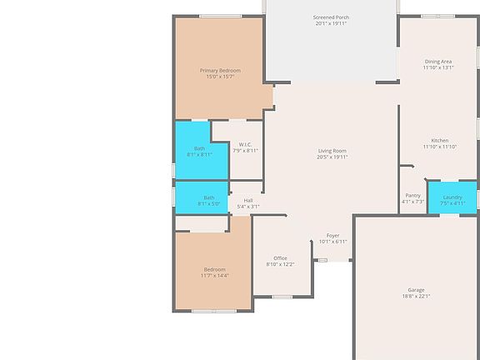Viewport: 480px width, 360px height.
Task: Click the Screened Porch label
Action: point(331,17)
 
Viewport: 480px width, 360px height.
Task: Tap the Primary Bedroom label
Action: point(220,71)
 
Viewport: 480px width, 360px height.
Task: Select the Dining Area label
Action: point(438,62)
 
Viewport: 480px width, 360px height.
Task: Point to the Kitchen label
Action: point(439,140)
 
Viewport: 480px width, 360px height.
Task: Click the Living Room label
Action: point(332,151)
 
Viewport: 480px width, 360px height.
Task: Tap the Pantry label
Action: point(412,196)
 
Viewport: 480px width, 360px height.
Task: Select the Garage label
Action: point(415,290)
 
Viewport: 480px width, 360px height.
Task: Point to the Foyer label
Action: point(332,236)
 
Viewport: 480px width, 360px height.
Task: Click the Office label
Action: point(280,258)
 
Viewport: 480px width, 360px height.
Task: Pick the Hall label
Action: point(248,200)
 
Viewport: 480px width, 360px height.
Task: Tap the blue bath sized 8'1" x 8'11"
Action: point(193,150)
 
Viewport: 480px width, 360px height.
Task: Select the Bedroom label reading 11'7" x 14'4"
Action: point(214,269)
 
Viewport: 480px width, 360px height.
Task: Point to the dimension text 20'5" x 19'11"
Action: point(332,157)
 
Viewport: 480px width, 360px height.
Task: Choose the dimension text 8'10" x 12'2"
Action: point(280,264)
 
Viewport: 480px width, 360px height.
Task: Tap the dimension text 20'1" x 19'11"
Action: point(331,23)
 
